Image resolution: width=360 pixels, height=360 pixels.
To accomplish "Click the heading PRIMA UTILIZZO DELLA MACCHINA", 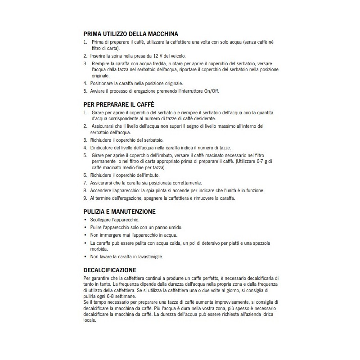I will (x=131, y=34).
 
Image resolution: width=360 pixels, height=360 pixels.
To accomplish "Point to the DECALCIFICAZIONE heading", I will (x=110, y=270).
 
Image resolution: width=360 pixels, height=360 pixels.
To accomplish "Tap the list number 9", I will (x=85, y=198).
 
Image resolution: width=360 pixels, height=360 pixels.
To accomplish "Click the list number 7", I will (x=85, y=183).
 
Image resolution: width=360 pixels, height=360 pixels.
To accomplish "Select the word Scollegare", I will (x=103, y=220).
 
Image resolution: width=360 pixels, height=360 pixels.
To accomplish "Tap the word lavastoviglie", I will (x=149, y=256).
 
